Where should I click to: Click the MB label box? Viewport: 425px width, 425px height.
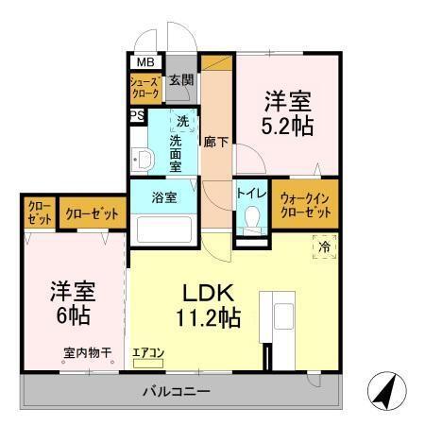click(x=145, y=63)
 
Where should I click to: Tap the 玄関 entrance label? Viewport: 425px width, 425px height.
click(x=181, y=81)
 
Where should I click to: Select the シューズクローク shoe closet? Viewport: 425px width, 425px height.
click(x=145, y=90)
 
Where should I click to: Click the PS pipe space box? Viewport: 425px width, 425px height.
click(x=137, y=116)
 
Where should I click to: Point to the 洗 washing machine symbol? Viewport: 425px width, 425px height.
click(x=182, y=120)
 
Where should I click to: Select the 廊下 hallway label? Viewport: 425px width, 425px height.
click(x=216, y=143)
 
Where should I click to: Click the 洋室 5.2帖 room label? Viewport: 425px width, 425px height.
click(x=288, y=112)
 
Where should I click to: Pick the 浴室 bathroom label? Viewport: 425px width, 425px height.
click(x=165, y=198)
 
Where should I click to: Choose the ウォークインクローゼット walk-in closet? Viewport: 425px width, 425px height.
click(x=305, y=205)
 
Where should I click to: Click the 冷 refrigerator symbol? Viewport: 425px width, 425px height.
click(x=324, y=247)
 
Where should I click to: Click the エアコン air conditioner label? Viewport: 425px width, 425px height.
click(x=148, y=354)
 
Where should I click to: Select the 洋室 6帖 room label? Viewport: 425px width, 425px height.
click(x=72, y=301)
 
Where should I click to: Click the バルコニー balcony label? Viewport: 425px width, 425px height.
click(x=177, y=390)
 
